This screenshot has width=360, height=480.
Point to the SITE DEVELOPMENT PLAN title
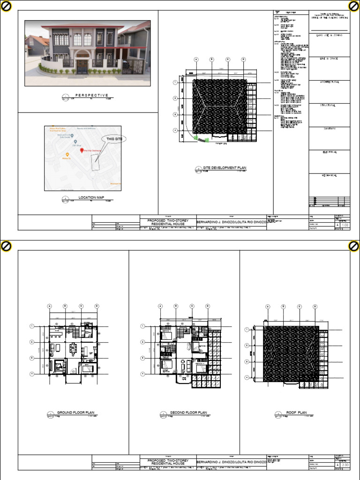[x=224, y=168]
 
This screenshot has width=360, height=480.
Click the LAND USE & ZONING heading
[x=329, y=35]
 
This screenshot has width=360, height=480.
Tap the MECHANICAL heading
[x=329, y=175]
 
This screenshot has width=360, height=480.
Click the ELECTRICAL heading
[x=329, y=152]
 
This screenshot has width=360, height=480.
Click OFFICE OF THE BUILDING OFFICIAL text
[x=329, y=18]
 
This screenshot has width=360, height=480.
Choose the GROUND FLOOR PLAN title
[x=75, y=412]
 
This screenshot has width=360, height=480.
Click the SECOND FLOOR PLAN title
[x=188, y=412]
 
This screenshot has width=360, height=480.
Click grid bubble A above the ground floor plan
[x=49, y=306]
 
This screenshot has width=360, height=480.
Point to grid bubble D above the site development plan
[x=243, y=60]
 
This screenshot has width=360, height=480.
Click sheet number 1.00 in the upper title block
[x=345, y=225]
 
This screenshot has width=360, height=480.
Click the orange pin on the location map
[x=67, y=154]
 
